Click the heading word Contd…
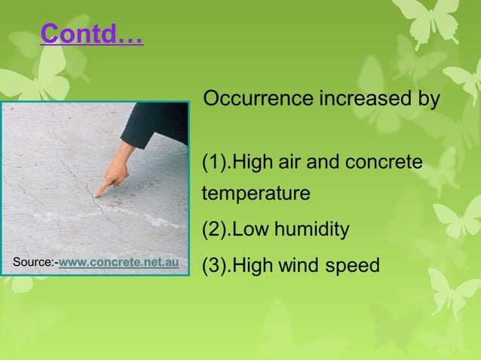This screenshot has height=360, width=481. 91,34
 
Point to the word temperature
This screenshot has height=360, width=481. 256,194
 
